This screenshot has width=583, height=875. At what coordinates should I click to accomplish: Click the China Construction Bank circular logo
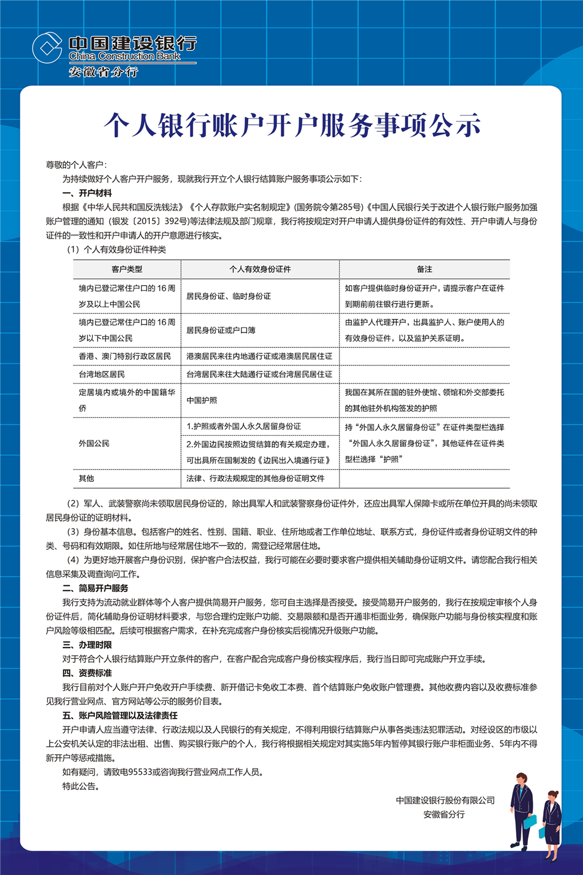click(x=48, y=48)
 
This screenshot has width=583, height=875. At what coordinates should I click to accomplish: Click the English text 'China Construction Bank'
click(x=124, y=56)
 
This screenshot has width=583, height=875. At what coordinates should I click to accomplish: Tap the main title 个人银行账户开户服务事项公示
click(x=291, y=125)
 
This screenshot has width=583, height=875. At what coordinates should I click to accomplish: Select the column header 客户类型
click(x=127, y=269)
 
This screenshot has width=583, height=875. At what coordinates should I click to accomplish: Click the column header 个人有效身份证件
click(x=260, y=269)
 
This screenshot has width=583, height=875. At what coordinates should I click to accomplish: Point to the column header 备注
click(x=424, y=269)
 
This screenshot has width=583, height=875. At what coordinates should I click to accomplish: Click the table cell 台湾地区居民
click(x=102, y=374)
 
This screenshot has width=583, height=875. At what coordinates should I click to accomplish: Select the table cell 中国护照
click(x=201, y=400)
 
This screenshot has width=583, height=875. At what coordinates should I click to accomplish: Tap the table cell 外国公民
click(x=94, y=443)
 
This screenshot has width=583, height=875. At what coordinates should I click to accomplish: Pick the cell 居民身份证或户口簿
click(x=221, y=330)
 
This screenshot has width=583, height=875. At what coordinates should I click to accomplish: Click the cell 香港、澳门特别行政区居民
click(x=125, y=356)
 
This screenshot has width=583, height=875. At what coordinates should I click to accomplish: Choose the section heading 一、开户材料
click(x=87, y=193)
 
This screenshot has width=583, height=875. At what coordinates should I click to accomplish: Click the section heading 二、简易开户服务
click(x=95, y=588)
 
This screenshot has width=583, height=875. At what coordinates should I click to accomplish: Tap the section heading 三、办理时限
click(x=87, y=645)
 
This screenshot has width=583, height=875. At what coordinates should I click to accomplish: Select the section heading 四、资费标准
click(x=87, y=673)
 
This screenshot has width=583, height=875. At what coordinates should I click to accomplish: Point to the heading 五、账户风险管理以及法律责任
click(x=120, y=716)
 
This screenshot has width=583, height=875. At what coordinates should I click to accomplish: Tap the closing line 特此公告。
click(x=81, y=786)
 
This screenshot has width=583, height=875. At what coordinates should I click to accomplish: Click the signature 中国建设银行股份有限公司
click(x=445, y=800)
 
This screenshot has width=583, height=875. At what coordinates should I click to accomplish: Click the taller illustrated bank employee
click(x=522, y=810)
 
